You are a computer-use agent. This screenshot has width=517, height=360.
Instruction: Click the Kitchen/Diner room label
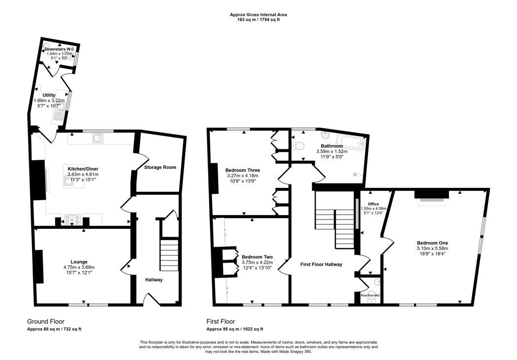(83, 169)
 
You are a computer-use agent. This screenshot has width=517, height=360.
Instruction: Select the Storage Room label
(160, 167)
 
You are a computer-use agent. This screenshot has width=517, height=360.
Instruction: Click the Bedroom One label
(432, 243)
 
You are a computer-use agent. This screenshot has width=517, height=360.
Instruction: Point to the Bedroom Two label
(257, 257)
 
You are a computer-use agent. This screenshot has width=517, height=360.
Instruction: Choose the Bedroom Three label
(243, 170)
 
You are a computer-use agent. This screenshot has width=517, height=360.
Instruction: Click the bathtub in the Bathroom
(348, 143)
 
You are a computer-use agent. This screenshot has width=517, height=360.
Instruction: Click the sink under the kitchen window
(98, 138)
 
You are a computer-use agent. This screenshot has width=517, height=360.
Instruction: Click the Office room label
(373, 203)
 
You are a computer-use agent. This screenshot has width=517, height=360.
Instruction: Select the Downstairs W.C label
(62, 49)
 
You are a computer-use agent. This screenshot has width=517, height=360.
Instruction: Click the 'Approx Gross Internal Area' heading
(258, 15)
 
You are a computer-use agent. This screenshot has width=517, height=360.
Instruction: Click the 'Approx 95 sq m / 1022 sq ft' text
(234, 329)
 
